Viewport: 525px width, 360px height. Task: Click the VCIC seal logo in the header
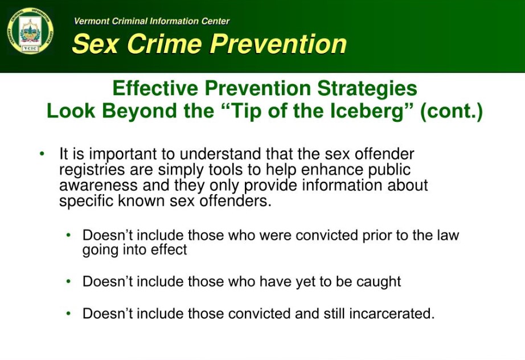(x=30, y=31)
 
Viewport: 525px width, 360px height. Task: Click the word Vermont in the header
(x=91, y=21)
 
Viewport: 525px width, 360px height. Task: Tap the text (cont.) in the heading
(x=451, y=111)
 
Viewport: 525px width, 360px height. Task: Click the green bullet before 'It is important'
(x=42, y=154)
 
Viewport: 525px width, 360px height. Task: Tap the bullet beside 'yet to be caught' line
(x=69, y=281)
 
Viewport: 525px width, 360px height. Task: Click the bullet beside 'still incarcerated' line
(x=69, y=313)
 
